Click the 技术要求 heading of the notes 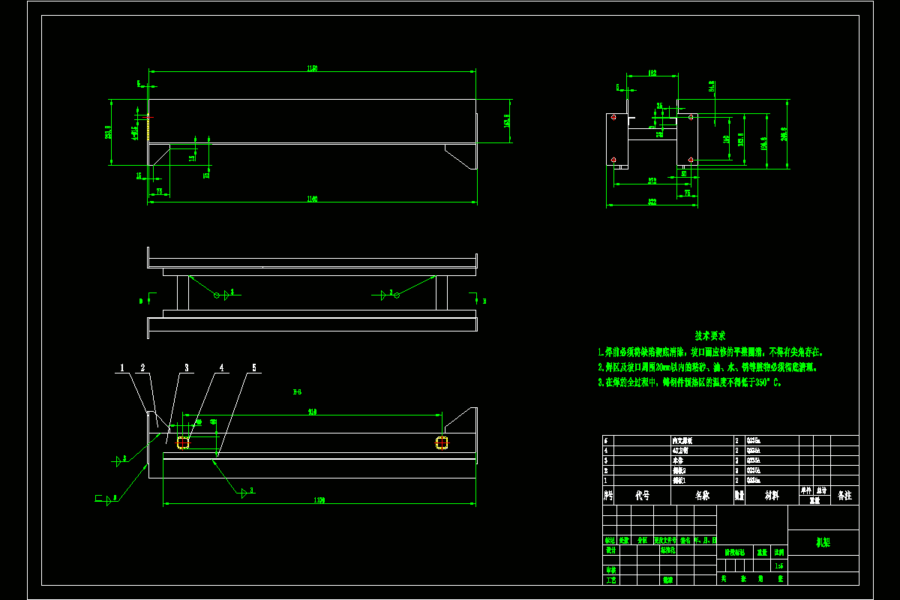(x=709, y=336)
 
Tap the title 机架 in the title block (x=823, y=542)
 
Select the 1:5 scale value (x=778, y=566)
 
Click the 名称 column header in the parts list (x=701, y=496)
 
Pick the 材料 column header (x=771, y=496)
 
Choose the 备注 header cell (x=844, y=496)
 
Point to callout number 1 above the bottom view (x=121, y=368)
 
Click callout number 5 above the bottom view (x=253, y=368)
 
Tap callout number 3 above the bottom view (x=186, y=368)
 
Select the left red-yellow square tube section (x=183, y=442)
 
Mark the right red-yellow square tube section (x=442, y=442)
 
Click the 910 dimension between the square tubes (x=312, y=412)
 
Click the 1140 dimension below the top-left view (x=312, y=199)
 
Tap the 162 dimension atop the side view (x=652, y=73)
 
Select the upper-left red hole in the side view (x=613, y=117)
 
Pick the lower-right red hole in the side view (x=691, y=159)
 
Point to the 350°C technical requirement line (x=690, y=382)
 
